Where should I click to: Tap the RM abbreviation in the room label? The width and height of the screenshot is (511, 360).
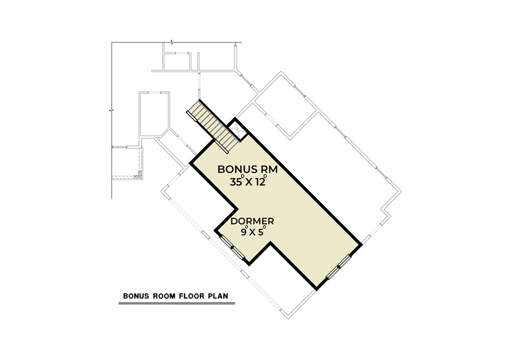270,169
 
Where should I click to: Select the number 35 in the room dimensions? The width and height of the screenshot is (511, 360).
236,182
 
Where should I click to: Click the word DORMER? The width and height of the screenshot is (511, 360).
252,221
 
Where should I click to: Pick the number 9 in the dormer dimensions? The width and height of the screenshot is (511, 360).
244,232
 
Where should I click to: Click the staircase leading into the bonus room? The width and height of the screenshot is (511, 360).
214,127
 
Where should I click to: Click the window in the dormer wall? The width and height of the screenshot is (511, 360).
232,248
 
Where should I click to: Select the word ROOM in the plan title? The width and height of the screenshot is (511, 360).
164,296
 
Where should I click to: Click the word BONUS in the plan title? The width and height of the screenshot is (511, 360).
136,296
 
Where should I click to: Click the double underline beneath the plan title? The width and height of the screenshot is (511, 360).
177,303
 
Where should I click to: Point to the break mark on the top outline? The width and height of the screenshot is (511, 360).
172,42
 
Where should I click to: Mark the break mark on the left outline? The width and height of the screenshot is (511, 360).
112,111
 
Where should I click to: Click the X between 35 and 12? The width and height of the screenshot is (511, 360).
249,183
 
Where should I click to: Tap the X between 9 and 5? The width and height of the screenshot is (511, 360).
252,232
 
